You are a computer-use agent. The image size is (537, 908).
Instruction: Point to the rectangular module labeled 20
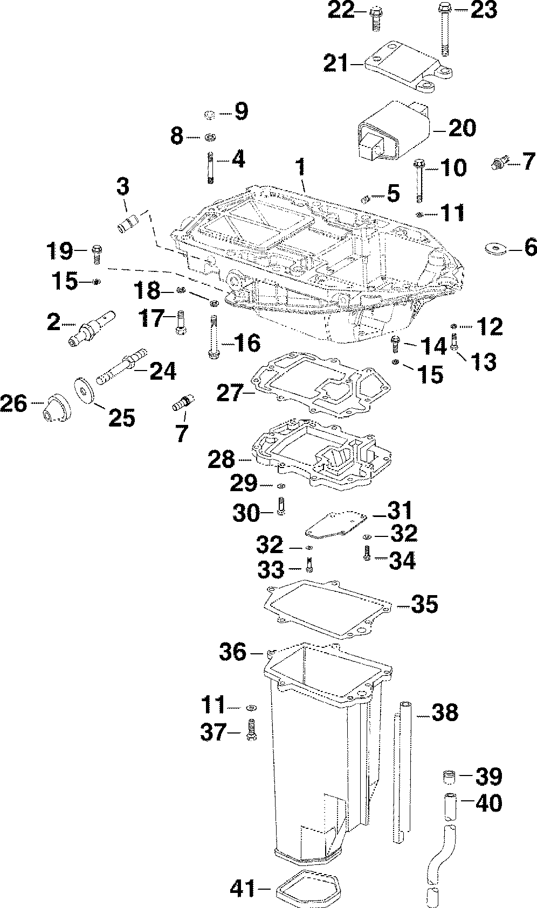pyautogui.click(x=393, y=130)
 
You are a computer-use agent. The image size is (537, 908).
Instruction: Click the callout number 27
pyautogui.click(x=229, y=392)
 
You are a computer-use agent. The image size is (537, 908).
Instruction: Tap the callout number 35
pyautogui.click(x=424, y=604)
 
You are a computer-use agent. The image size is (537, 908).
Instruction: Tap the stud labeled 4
pyautogui.click(x=210, y=167)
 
